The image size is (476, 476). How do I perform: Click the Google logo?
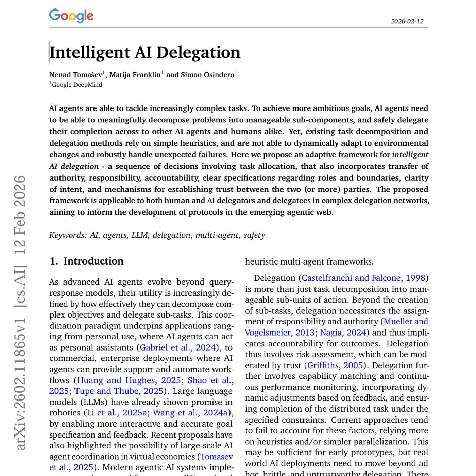(x=71, y=16)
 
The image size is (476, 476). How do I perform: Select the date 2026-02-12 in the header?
(x=407, y=21)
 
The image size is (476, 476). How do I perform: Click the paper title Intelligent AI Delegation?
(x=145, y=52)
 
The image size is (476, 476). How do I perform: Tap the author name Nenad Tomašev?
(x=76, y=75)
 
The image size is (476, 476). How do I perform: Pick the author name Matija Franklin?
(x=135, y=75)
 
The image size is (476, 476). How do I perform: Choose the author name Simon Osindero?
(x=207, y=75)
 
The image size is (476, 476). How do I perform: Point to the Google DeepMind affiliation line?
(x=77, y=85)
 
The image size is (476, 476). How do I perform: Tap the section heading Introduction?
(x=93, y=261)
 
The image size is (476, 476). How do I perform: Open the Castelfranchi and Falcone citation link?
(x=351, y=278)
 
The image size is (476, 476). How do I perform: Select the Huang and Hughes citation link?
(x=116, y=380)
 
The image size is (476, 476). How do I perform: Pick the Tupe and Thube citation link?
(x=106, y=391)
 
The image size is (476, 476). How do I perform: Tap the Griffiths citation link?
(x=323, y=365)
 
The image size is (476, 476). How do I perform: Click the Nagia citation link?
(x=330, y=333)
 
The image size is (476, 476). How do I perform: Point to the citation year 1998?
(x=415, y=278)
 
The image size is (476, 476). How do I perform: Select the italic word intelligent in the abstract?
(x=410, y=155)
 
